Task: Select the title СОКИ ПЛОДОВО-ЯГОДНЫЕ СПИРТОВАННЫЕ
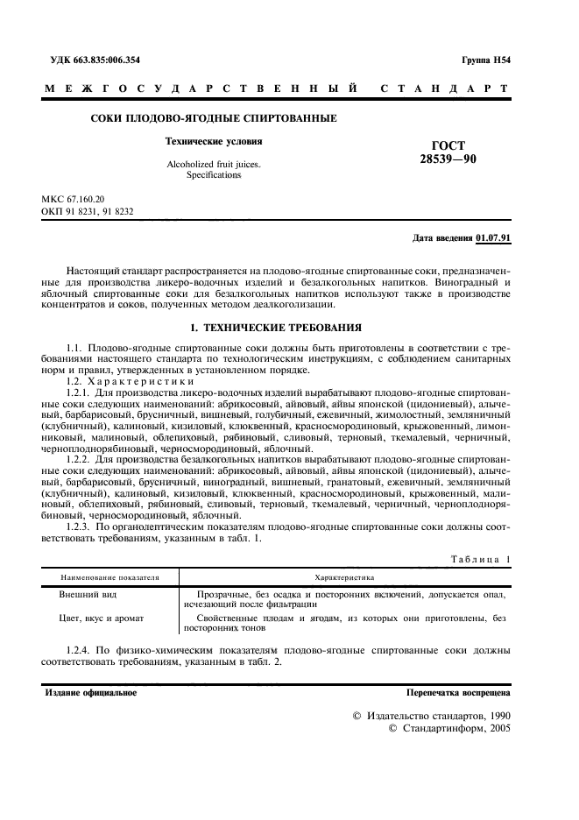[214, 118]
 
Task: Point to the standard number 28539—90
[449, 159]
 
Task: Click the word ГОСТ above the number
[449, 145]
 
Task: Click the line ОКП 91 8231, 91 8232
[88, 212]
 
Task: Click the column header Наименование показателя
[109, 577]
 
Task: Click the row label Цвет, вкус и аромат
[102, 618]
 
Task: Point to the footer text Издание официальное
[91, 692]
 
